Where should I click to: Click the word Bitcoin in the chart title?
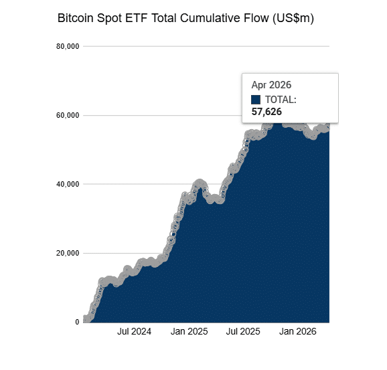(x=76, y=18)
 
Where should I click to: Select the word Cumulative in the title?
(x=210, y=18)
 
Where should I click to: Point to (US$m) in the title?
(x=293, y=19)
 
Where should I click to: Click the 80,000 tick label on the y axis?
(x=68, y=46)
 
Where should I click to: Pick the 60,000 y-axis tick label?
(x=68, y=116)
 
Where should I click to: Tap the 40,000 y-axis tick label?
(x=68, y=184)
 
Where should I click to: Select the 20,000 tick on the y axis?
(x=68, y=254)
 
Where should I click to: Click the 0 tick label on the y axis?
(x=77, y=322)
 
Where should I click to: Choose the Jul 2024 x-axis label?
(x=134, y=331)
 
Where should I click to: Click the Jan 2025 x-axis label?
(x=189, y=331)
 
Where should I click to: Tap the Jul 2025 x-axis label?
(x=243, y=331)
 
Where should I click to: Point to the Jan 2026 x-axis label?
(x=298, y=331)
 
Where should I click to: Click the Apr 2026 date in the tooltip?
(x=271, y=85)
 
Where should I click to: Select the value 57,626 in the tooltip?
(x=266, y=112)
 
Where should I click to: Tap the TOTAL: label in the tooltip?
(x=281, y=100)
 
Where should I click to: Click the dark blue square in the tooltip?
(x=256, y=100)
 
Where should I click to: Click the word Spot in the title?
(x=109, y=19)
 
